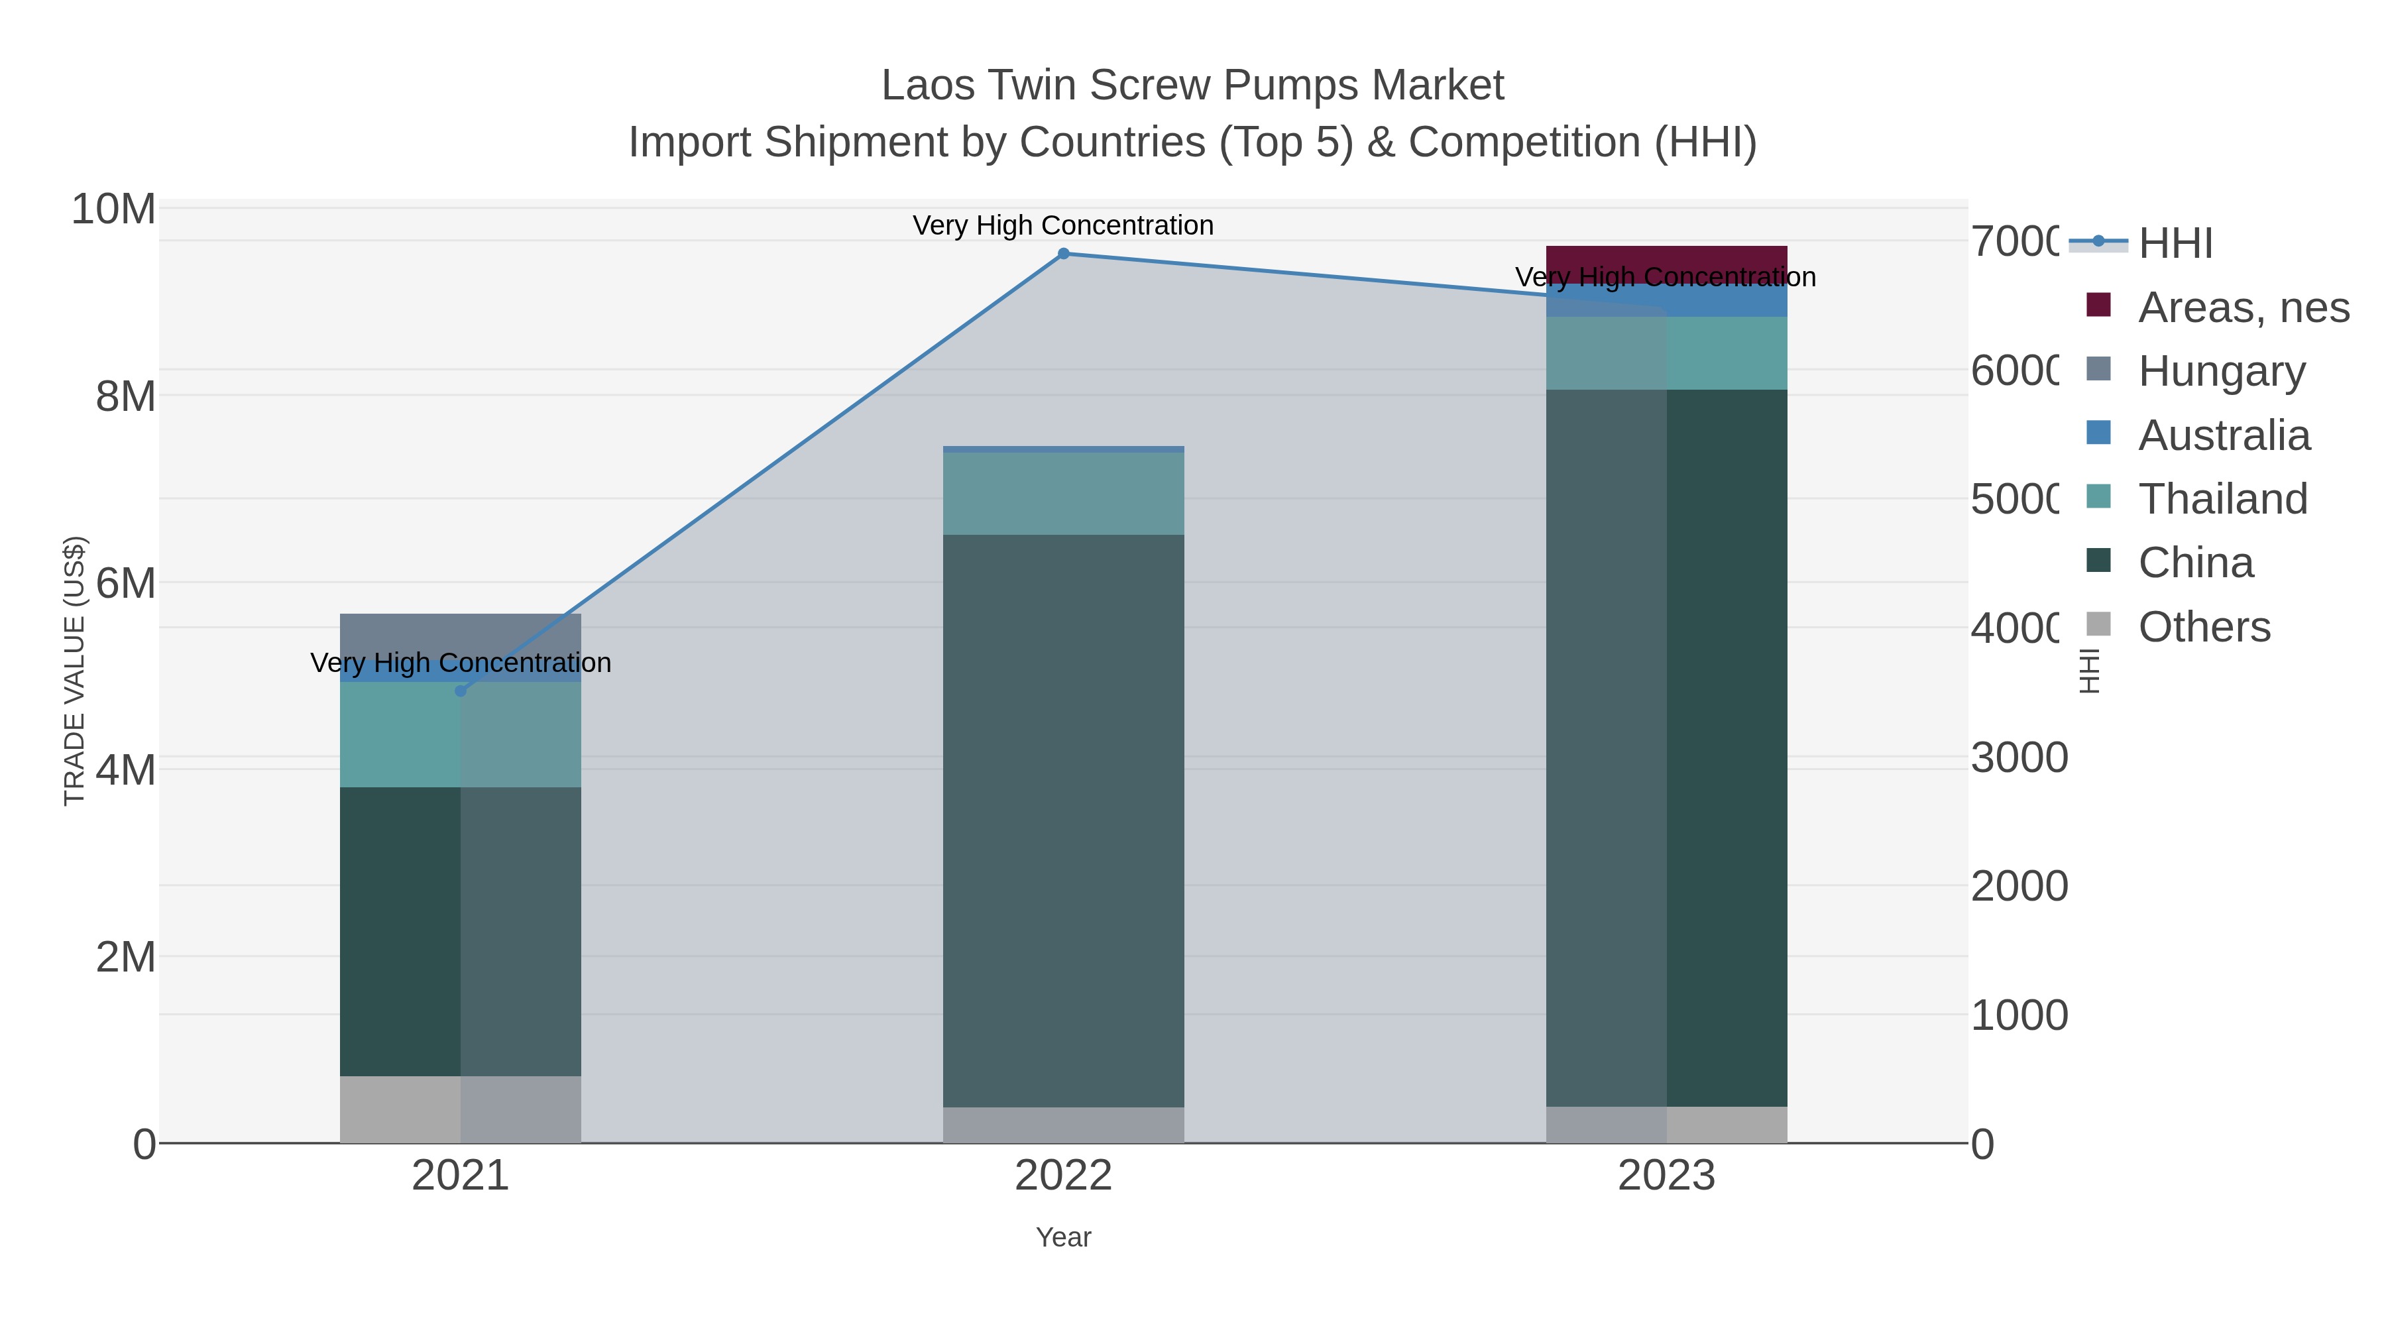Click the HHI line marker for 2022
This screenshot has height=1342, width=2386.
pyautogui.click(x=1063, y=254)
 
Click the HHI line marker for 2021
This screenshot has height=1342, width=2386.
pyautogui.click(x=461, y=691)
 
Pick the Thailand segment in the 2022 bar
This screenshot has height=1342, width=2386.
pyautogui.click(x=1063, y=494)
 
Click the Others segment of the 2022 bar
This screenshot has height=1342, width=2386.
pyautogui.click(x=1063, y=1125)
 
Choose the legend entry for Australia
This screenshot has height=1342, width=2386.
pyautogui.click(x=2223, y=435)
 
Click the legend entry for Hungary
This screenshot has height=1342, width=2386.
pyautogui.click(x=2221, y=371)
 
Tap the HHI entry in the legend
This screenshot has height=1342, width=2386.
pyautogui.click(x=2175, y=244)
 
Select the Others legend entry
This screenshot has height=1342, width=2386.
pyautogui.click(x=2204, y=627)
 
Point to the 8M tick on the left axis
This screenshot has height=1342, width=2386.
pyautogui.click(x=126, y=396)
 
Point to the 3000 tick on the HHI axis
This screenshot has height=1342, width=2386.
pyautogui.click(x=2019, y=757)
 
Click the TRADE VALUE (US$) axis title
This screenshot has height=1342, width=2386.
pyautogui.click(x=74, y=671)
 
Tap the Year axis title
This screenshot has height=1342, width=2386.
pyautogui.click(x=1063, y=1237)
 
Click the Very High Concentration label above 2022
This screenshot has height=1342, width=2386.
pyautogui.click(x=1063, y=225)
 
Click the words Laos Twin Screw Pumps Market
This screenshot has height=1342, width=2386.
pyautogui.click(x=1192, y=85)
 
